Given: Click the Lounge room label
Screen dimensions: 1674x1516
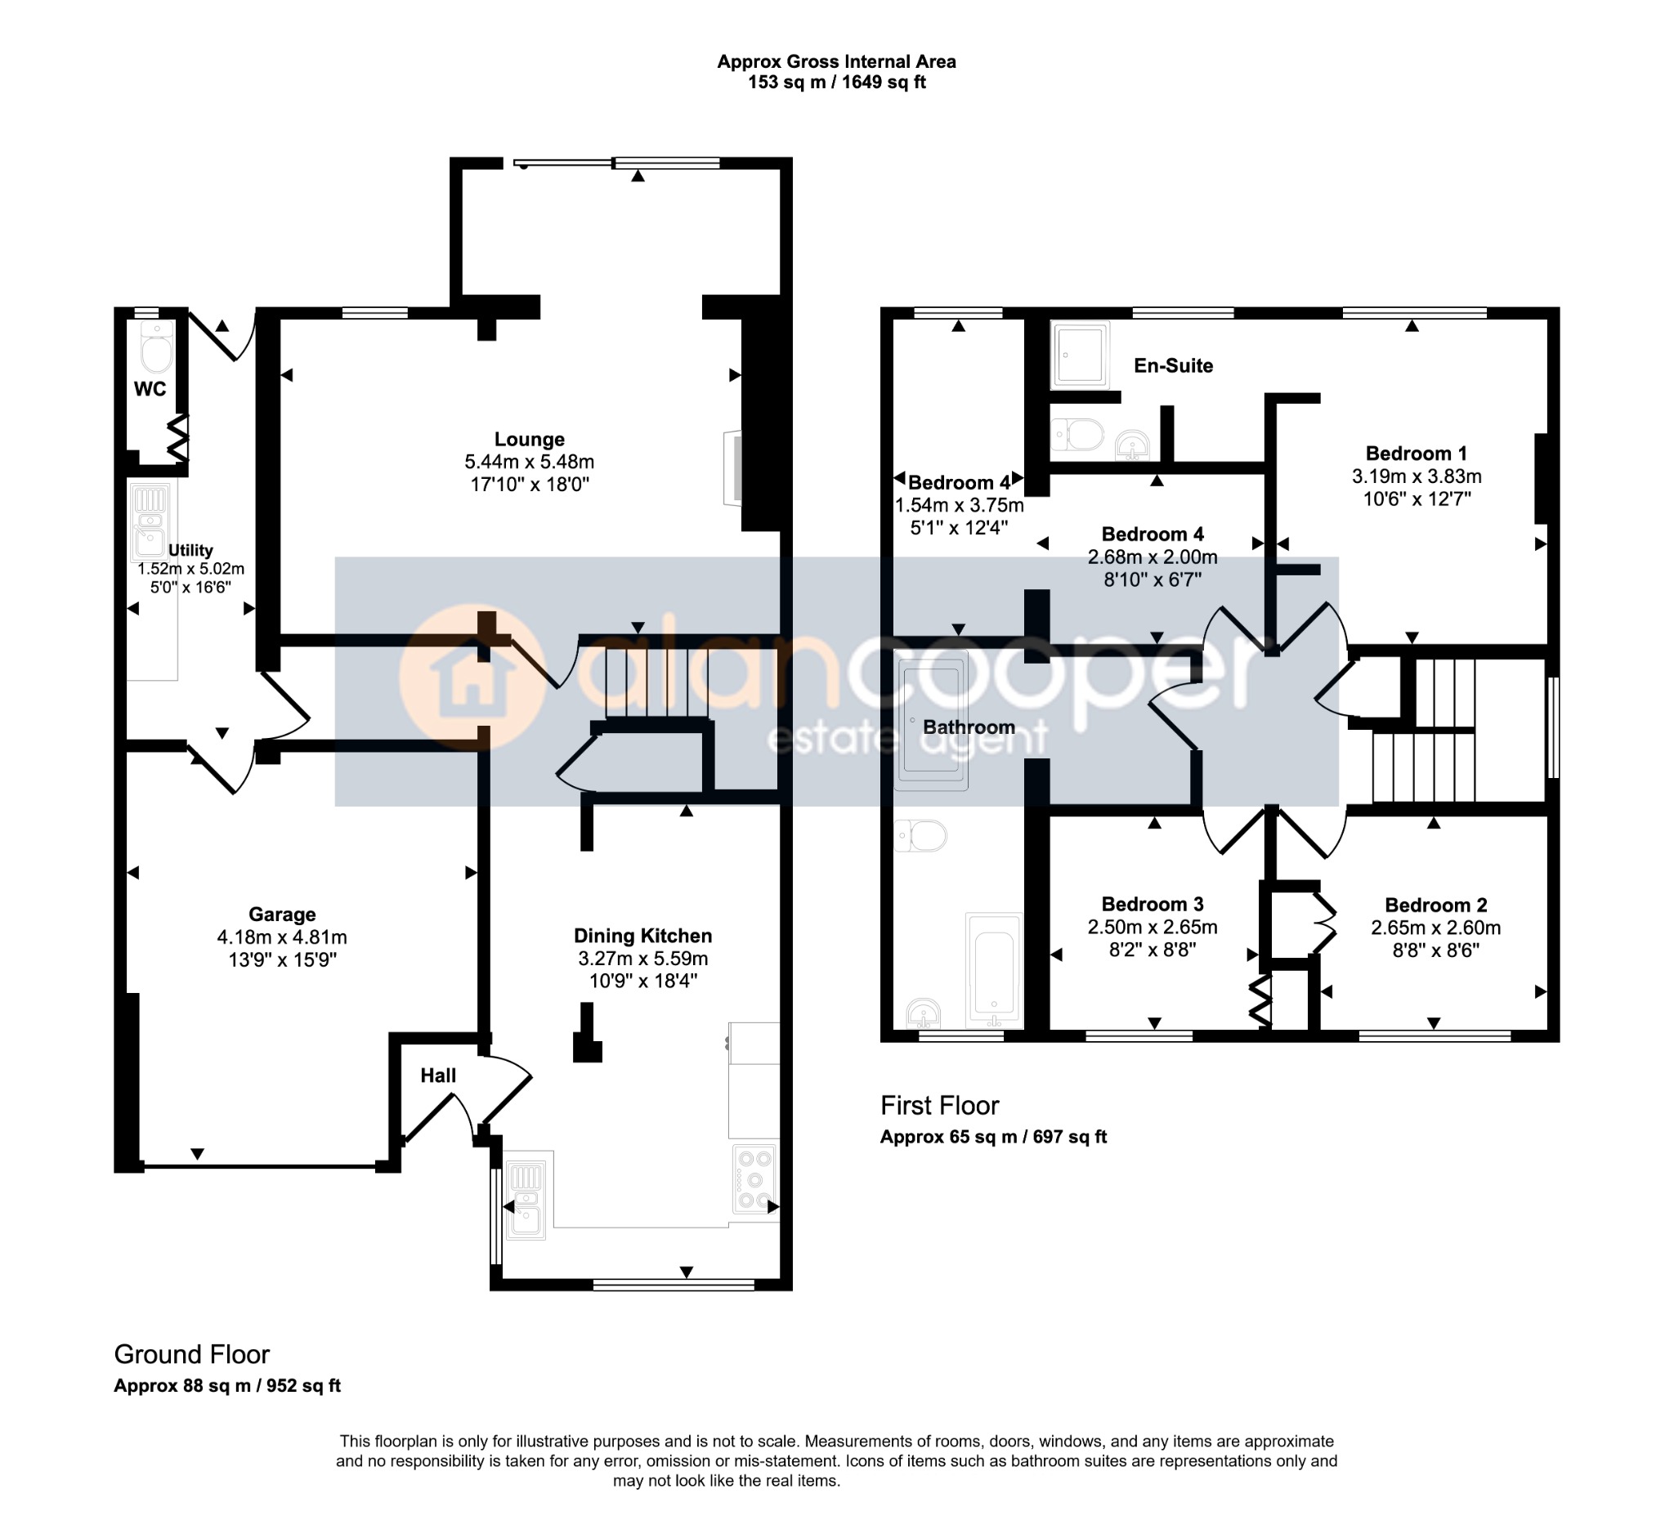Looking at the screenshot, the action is pos(529,439).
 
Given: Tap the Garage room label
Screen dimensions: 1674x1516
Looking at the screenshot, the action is pos(281,914).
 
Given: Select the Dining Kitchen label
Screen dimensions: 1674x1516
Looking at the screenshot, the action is pos(642,936).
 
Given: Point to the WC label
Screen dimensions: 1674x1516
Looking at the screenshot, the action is pos(150,388).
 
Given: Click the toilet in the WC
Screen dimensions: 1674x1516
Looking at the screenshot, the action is pos(156,348).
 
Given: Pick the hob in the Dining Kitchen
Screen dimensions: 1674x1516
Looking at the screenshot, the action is pos(754,1179).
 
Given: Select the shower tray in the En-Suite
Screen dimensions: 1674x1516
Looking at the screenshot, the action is pos(1080,355).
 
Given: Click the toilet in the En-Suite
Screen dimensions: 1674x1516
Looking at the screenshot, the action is pos(1078,433).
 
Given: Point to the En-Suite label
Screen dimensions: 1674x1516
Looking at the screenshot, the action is pos(1173,365).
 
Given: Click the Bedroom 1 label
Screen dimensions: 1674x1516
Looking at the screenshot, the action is pos(1416,454).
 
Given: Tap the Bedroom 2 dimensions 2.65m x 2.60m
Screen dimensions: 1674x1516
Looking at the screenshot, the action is pos(1435,928).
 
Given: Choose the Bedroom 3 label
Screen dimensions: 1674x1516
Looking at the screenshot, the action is pos(1153,904).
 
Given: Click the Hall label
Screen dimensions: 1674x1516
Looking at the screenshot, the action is pos(437,1076).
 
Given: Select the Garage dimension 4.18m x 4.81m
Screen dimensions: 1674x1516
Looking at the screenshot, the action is pos(281,937).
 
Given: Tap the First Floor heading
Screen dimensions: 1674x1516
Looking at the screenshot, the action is pos(939,1105).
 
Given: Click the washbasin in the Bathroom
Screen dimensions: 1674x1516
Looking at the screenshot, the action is pos(924,1013).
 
